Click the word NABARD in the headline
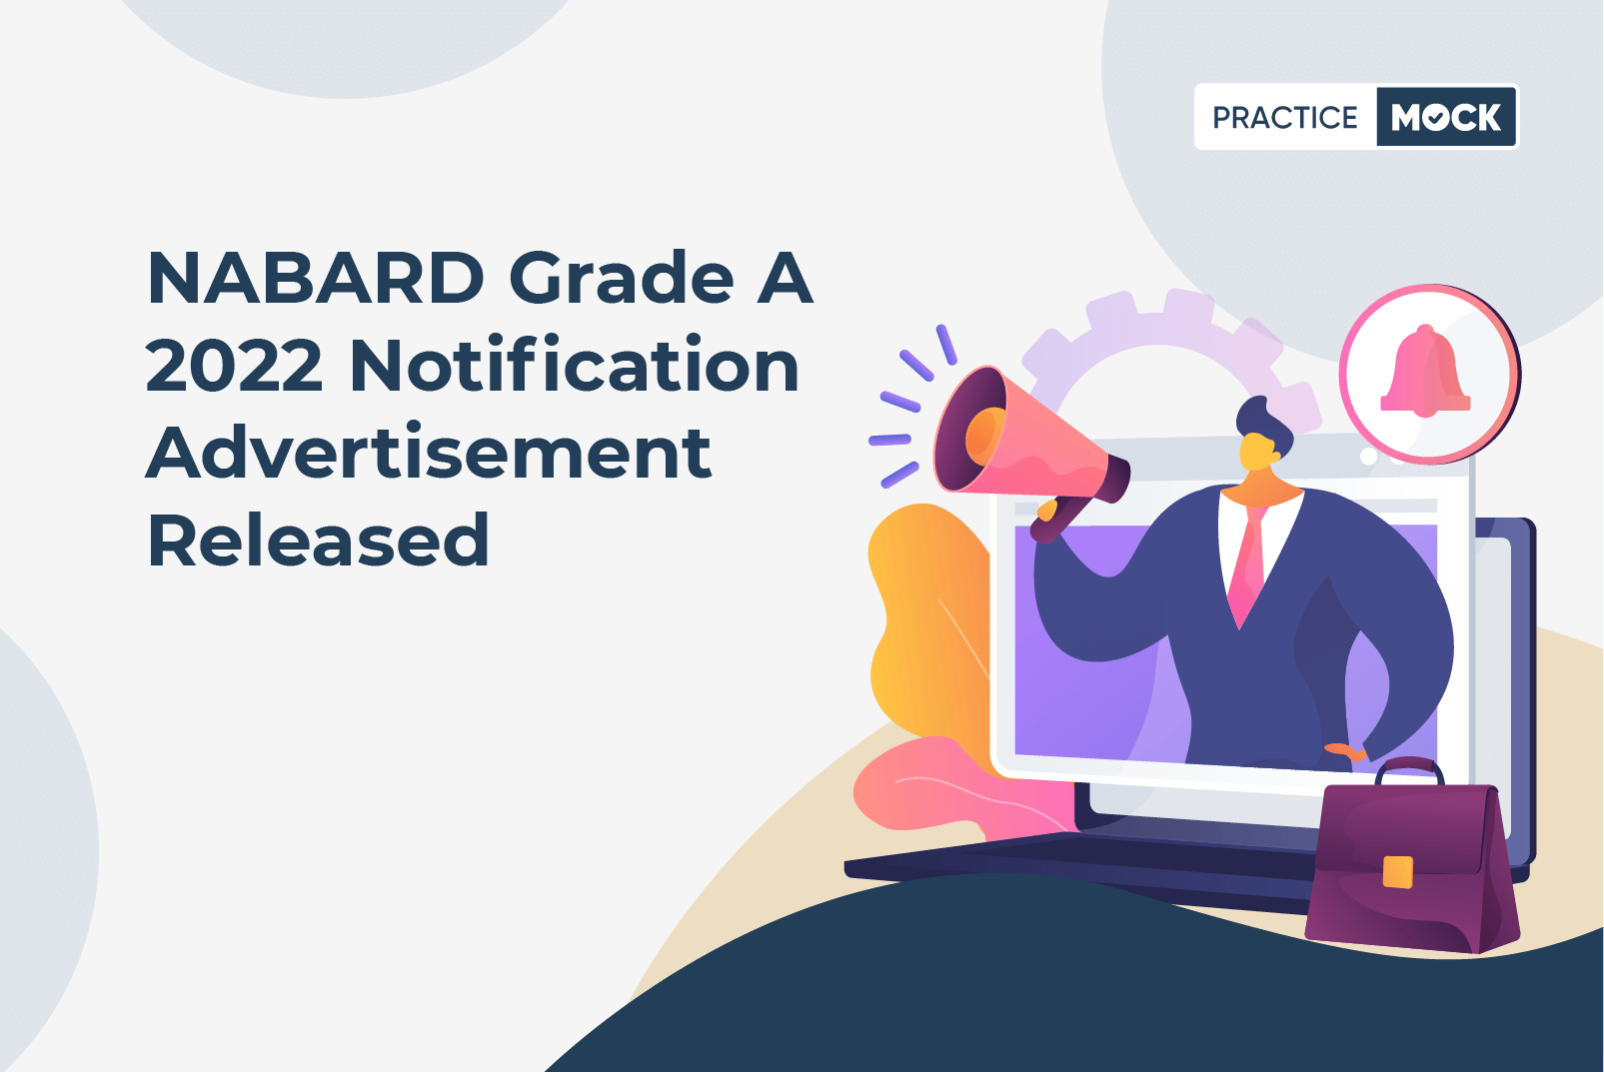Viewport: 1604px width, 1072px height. pos(316,278)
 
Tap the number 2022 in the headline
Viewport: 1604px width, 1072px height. pos(234,366)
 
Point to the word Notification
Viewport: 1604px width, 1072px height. pos(575,364)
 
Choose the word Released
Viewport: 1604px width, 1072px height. pos(318,539)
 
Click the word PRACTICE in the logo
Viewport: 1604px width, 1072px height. pos(1284,117)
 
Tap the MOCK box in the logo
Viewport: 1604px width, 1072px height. pos(1446,117)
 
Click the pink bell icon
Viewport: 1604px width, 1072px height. pos(1425,371)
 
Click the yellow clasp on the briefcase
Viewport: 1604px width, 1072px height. pos(1398,871)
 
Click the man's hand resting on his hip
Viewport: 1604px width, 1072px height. pos(1346,752)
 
